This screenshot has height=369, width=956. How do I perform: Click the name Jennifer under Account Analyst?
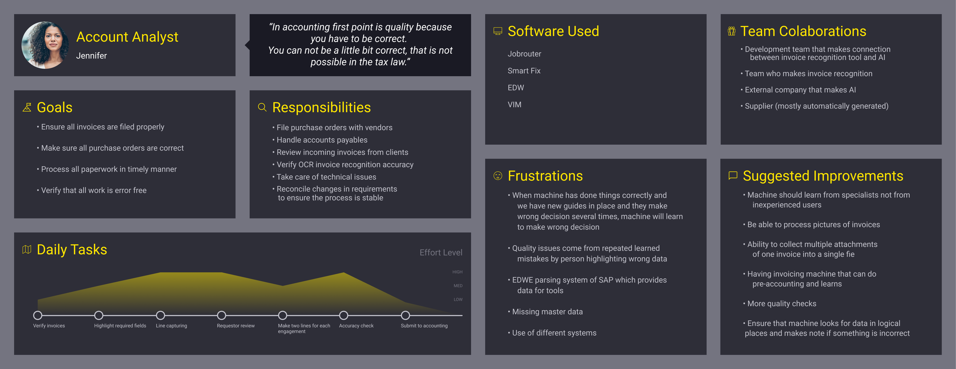(x=91, y=56)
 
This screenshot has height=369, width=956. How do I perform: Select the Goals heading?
(x=55, y=107)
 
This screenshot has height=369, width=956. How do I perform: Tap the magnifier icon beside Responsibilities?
(x=262, y=107)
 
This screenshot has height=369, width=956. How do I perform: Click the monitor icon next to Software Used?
(x=498, y=31)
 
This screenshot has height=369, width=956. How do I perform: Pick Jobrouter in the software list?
(x=524, y=54)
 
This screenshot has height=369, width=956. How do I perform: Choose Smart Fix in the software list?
(x=524, y=71)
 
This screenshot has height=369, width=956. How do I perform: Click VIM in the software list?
(x=514, y=105)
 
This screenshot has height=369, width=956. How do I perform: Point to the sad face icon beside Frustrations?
(x=498, y=176)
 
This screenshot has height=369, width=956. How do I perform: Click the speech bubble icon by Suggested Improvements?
(x=733, y=176)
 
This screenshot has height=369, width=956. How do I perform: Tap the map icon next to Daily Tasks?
(x=27, y=250)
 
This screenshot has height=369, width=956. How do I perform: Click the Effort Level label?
(x=441, y=252)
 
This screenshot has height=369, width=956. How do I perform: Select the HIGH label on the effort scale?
(x=457, y=272)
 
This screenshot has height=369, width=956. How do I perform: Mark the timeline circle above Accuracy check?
(x=344, y=315)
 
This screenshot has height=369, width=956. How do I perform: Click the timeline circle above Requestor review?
(x=222, y=315)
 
